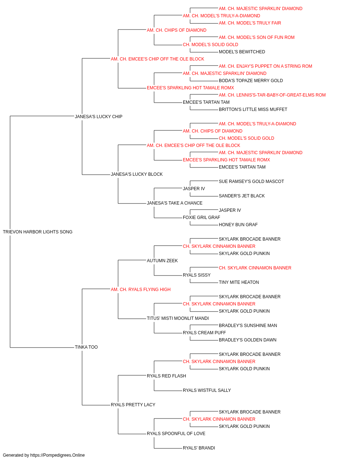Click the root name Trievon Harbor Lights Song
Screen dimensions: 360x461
coord(37,232)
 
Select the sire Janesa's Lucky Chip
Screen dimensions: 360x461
coord(99,117)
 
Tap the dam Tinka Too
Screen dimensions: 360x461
coord(86,347)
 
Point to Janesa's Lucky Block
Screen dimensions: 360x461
coord(137,174)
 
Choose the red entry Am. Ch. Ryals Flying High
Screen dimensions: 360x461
coord(140,290)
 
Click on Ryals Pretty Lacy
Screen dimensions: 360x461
coord(133,405)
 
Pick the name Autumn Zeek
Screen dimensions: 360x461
coord(162,261)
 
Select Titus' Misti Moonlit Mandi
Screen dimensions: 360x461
coord(178,318)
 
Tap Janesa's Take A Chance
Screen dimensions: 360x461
coord(175,203)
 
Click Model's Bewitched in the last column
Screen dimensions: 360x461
coord(242,52)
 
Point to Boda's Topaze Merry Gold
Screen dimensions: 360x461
coord(251,81)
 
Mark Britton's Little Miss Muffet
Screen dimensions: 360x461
coord(253,109)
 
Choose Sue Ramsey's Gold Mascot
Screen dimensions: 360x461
coord(251,182)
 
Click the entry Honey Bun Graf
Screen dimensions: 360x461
coord(238,225)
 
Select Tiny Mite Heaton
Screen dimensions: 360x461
coord(239,282)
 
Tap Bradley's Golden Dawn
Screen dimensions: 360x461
coord(247,340)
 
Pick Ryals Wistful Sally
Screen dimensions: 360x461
coord(207,390)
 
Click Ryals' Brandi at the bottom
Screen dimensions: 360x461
coord(199,448)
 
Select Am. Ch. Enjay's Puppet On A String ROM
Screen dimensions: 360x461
coord(265,66)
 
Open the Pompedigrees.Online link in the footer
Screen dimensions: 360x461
coord(58,455)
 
